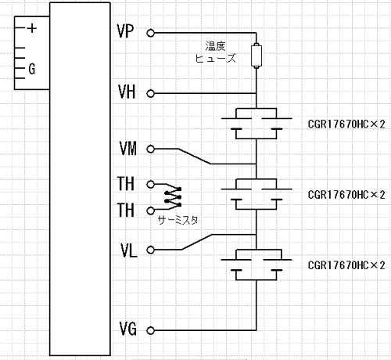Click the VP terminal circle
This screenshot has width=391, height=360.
(150, 33)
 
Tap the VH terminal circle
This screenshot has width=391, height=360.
(150, 93)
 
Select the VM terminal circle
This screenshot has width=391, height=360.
(150, 149)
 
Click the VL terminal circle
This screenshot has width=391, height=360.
(150, 250)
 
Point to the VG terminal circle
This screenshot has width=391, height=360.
(150, 330)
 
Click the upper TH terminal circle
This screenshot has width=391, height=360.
(150, 185)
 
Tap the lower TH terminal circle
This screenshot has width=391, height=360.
(150, 211)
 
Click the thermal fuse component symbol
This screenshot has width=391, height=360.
(256, 56)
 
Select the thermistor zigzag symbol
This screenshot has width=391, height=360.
(173, 197)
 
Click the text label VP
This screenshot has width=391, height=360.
(125, 32)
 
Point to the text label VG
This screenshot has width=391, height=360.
(127, 329)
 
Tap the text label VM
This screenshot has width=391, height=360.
(127, 149)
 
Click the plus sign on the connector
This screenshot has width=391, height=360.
(32, 28)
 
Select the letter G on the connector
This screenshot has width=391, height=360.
(32, 69)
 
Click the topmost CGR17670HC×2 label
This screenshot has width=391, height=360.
(346, 124)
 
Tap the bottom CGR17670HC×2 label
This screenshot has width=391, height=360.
(346, 265)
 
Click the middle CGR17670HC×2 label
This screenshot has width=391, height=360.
(346, 195)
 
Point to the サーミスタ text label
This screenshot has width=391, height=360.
(178, 221)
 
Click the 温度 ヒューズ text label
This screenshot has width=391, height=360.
(216, 52)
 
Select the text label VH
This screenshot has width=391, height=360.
(127, 92)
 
